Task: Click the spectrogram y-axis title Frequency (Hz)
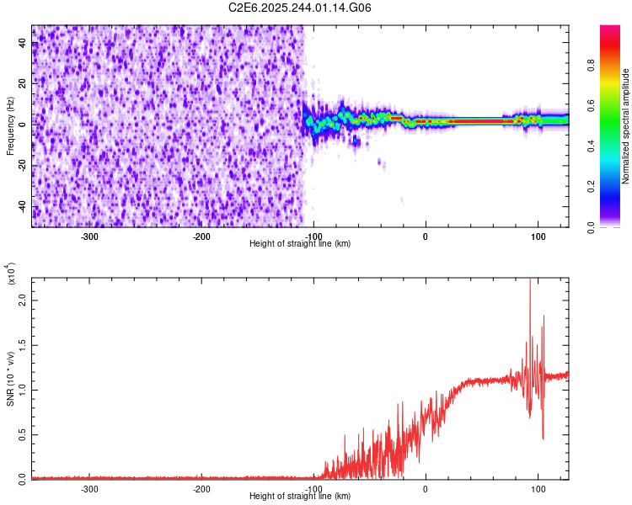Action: click(x=9, y=126)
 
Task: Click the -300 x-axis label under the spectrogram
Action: click(x=89, y=236)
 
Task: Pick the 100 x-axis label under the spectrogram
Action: click(x=537, y=236)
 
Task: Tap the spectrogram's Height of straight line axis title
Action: click(x=301, y=244)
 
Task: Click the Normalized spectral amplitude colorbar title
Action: click(x=626, y=126)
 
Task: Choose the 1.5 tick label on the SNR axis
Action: click(x=20, y=345)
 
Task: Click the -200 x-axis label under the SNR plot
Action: click(x=201, y=488)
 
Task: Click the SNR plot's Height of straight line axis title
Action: click(x=301, y=497)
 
